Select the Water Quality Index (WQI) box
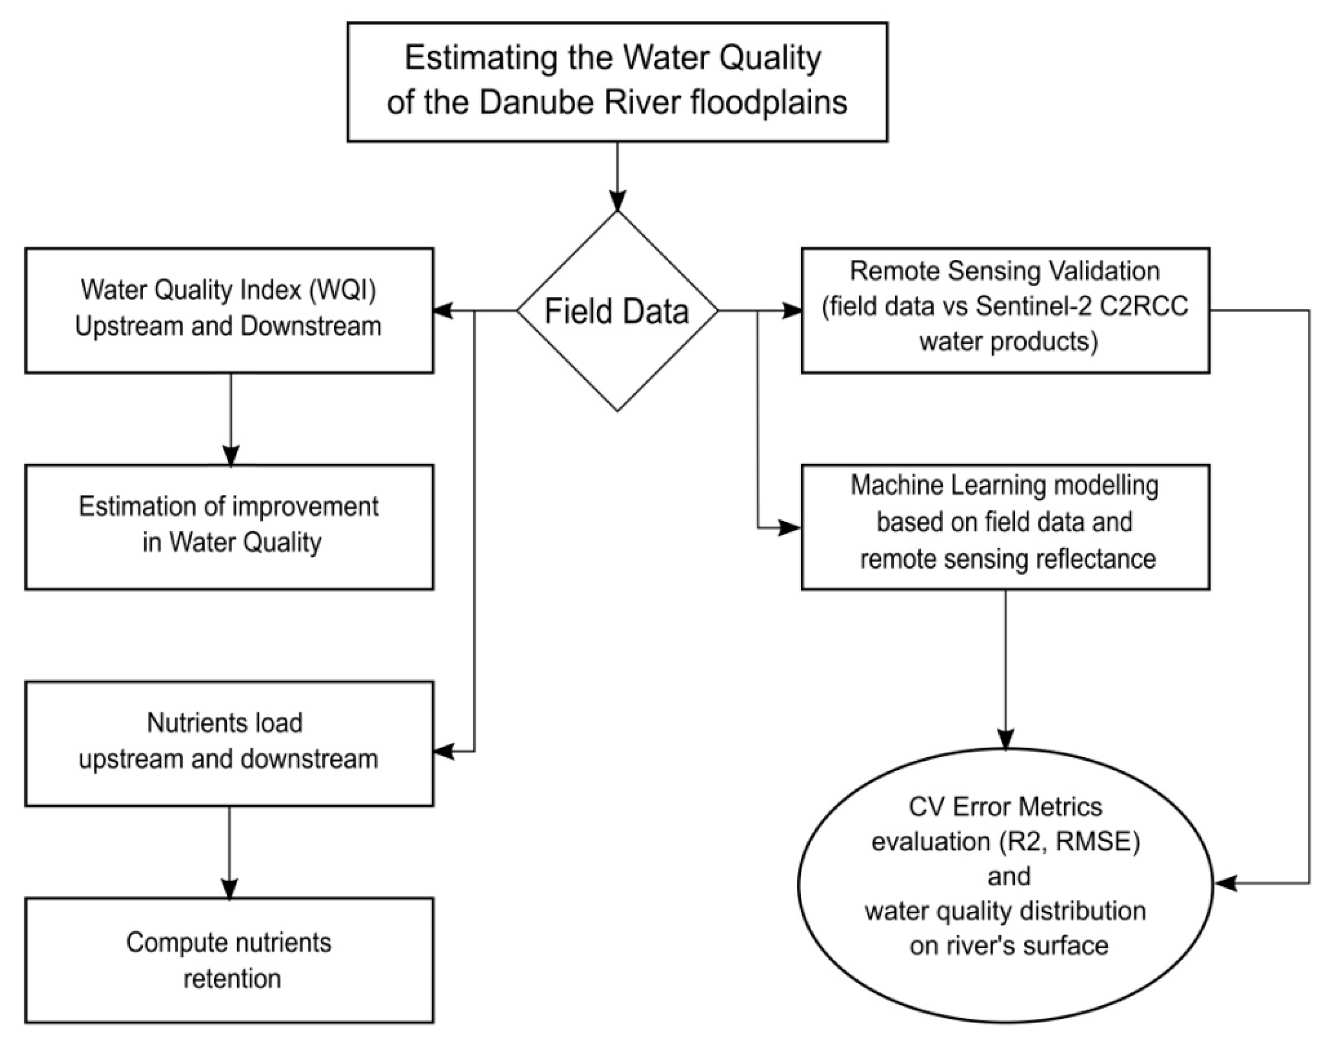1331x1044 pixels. (229, 310)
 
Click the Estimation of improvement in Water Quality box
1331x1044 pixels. (229, 527)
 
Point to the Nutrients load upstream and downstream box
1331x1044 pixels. (229, 743)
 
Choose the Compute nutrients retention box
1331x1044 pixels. (229, 960)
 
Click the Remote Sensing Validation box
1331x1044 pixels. (1005, 310)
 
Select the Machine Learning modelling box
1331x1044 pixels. (1005, 527)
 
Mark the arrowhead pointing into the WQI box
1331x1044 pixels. (444, 311)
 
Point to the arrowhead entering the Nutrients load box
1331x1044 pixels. (444, 751)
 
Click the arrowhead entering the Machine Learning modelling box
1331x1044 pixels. (790, 527)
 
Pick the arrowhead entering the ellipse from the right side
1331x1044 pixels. (1225, 883)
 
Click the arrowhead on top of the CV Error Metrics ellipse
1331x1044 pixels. (1005, 739)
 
